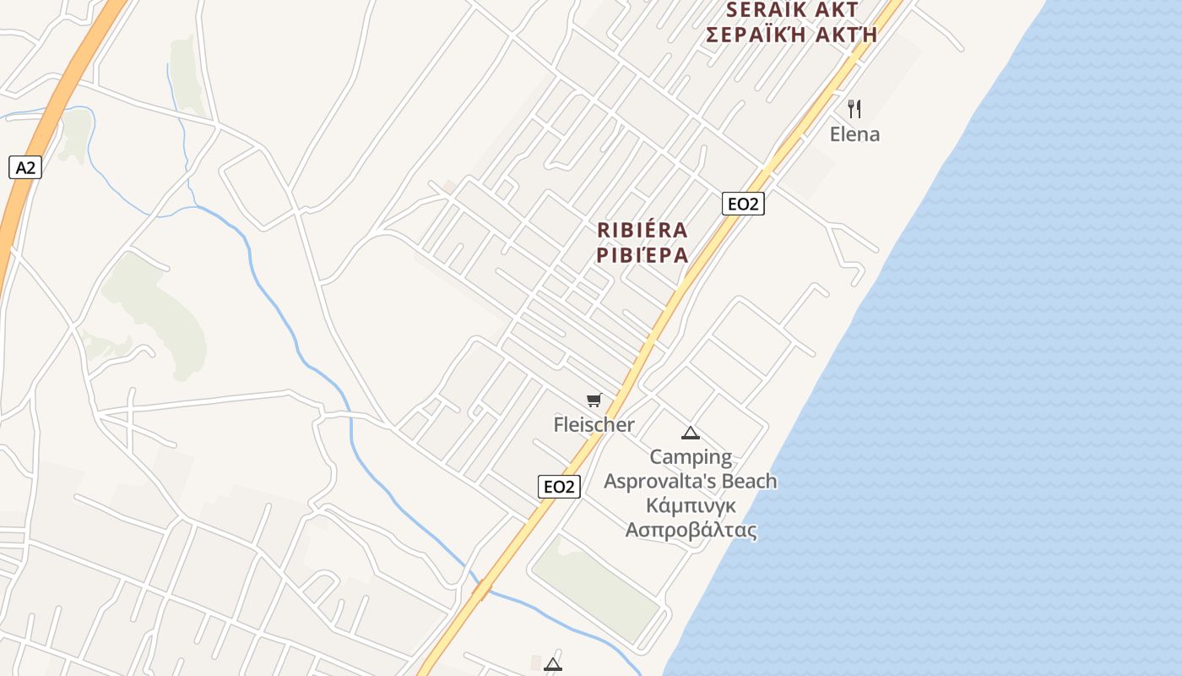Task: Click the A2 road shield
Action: (25, 167)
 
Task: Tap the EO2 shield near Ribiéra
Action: (743, 204)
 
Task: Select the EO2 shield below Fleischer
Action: (559, 487)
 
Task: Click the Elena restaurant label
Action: (854, 134)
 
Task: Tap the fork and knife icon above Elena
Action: (854, 108)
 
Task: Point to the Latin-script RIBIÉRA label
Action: (642, 230)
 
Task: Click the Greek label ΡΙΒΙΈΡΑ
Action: (642, 254)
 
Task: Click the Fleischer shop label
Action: (594, 424)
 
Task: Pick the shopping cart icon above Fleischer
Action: (594, 400)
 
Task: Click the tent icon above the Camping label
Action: (691, 433)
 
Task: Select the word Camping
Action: (691, 457)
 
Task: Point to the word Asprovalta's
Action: (655, 481)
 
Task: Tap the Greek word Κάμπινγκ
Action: (691, 505)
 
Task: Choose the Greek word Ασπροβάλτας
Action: (691, 530)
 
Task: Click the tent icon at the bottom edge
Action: (553, 664)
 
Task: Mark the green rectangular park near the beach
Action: (596, 586)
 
